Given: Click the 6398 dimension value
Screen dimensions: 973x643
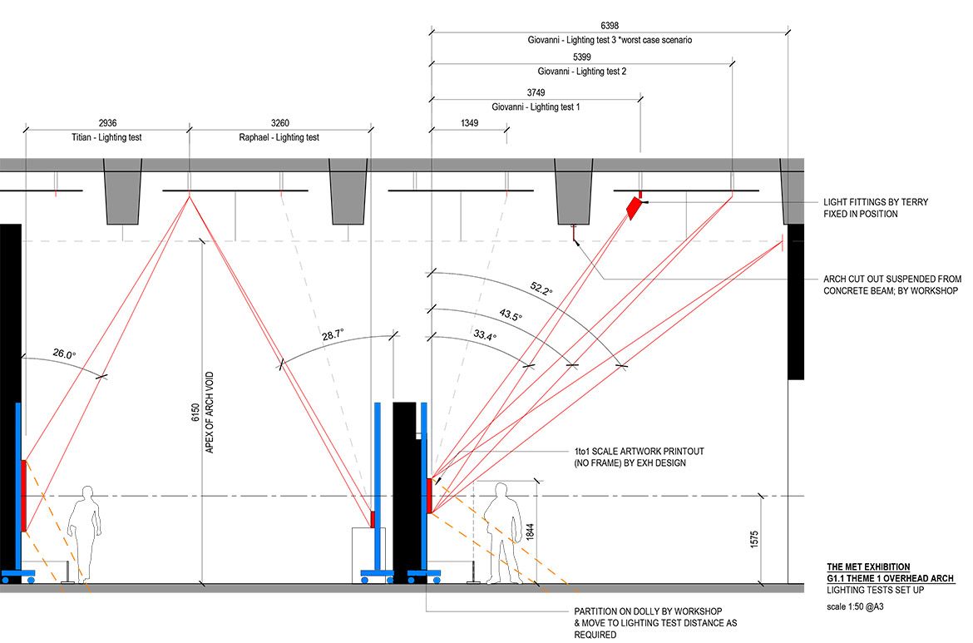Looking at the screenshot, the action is pos(608,27).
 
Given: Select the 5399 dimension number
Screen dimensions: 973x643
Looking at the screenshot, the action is pos(582,57).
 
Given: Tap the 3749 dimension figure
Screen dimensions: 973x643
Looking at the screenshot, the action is pos(536,92).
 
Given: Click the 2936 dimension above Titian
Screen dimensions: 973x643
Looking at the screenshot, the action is pos(107,123).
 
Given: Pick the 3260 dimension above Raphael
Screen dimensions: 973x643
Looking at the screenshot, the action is pos(279,123).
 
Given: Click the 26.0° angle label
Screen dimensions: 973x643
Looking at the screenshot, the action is pos(63,354).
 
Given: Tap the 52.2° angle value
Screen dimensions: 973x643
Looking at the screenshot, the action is pos(541,289).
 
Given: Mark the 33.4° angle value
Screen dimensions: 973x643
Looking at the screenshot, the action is pos(485,336).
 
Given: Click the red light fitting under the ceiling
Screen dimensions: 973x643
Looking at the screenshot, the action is pos(635,207).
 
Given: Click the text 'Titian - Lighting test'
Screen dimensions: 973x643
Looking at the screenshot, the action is pos(107,137).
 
